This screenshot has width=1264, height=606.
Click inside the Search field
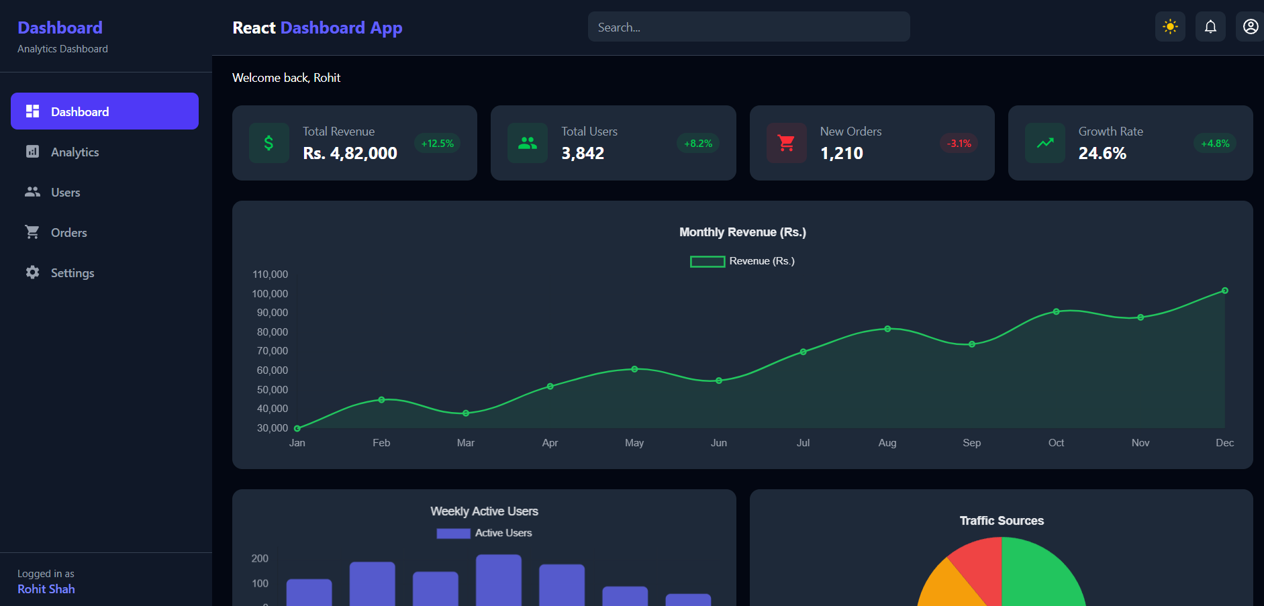748,27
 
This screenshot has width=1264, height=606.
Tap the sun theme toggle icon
1170,27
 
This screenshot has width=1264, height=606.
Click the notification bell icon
1210,27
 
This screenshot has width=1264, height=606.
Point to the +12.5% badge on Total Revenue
437,144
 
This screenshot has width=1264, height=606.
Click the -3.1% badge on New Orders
959,144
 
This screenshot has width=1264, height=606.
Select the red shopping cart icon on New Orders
786,143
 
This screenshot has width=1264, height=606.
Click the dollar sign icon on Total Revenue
269,143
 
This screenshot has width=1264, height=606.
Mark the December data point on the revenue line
1224,291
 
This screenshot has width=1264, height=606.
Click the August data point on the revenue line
887,329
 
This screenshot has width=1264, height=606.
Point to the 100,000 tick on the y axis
270,294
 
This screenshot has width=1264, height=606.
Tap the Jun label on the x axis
718,443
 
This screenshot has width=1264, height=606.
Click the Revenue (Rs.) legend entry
742,261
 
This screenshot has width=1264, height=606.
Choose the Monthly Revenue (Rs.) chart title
742,232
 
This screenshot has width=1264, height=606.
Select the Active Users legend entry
484,533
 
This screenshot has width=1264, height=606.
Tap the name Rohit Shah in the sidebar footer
46,589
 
